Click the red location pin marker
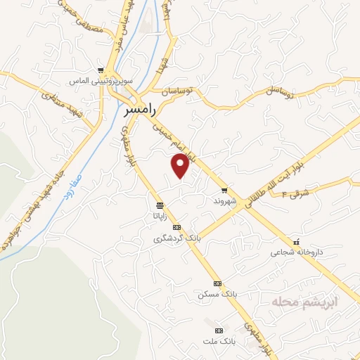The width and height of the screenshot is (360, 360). click(181, 165)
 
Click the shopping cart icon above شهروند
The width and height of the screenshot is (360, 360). click(224, 190)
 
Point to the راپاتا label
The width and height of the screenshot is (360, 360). click(160, 216)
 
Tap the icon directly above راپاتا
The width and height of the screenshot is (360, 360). click(161, 205)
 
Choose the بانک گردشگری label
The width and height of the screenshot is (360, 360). click(178, 238)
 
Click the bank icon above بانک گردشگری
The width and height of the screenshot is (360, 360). click(176, 228)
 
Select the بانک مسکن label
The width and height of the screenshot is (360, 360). click(217, 293)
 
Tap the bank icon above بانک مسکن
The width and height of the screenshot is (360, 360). click(217, 283)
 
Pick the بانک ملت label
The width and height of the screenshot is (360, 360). click(218, 340)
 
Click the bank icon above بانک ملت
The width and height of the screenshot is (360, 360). click(218, 330)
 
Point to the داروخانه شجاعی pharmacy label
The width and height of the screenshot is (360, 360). click(295, 250)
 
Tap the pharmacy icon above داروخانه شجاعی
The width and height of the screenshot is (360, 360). click(296, 240)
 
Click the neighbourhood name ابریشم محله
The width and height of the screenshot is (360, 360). click(304, 301)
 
